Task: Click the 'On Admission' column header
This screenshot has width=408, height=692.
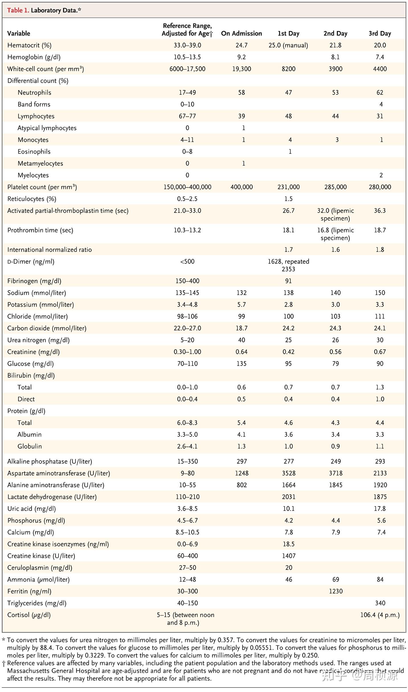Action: [x=241, y=33]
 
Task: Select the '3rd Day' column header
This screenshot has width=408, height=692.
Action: [x=380, y=33]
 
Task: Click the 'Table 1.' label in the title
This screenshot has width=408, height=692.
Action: [x=18, y=11]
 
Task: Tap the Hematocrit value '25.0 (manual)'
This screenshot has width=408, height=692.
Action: [x=288, y=45]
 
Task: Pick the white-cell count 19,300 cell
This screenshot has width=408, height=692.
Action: [x=241, y=69]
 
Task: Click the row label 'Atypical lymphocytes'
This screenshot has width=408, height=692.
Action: [x=47, y=128]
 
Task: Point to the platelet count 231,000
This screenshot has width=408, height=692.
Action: [x=288, y=187]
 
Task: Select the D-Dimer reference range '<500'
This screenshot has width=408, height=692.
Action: [x=187, y=261]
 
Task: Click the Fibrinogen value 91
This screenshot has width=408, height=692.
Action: [x=288, y=281]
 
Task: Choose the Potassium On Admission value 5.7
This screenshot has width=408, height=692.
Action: [x=241, y=305]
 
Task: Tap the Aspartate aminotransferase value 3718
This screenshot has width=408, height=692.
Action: [x=336, y=473]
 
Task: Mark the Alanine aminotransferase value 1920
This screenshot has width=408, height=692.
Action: [x=380, y=485]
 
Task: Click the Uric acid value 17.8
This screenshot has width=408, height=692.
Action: [x=380, y=509]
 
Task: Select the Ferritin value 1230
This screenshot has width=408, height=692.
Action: [x=336, y=591]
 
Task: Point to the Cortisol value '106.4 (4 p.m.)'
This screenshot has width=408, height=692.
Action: [x=380, y=615]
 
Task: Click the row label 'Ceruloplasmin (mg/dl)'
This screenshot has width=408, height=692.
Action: [x=40, y=568]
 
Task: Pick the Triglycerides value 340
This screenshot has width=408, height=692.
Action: [x=380, y=603]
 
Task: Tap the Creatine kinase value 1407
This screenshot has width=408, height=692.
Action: [x=288, y=556]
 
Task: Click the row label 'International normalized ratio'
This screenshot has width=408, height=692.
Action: [x=50, y=250]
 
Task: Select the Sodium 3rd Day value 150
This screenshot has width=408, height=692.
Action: [x=380, y=293]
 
